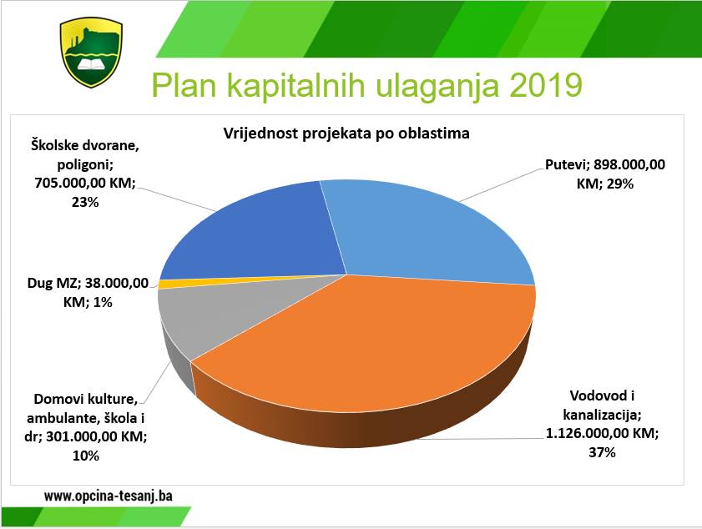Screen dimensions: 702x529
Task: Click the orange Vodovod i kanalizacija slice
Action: [367, 354]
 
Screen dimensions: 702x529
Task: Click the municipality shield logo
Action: [91, 53]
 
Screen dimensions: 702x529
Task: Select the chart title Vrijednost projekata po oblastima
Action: [346, 134]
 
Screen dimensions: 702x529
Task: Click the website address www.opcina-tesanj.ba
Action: [108, 496]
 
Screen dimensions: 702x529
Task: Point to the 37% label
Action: [602, 452]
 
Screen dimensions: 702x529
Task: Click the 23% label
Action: [85, 202]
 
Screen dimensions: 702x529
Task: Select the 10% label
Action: [85, 456]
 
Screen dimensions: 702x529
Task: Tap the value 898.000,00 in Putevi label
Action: [629, 164]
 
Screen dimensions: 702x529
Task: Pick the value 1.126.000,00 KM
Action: [602, 433]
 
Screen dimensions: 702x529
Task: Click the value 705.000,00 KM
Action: [84, 183]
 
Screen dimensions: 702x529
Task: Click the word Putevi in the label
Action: [567, 164]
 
